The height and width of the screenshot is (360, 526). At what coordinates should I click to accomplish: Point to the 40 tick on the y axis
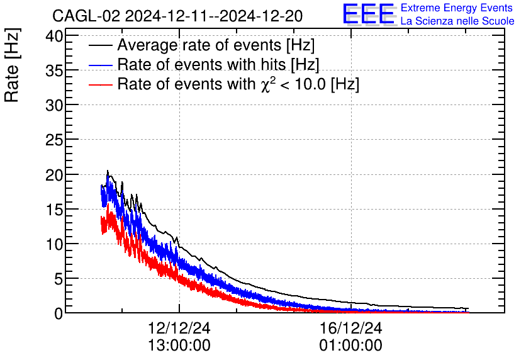[55, 37]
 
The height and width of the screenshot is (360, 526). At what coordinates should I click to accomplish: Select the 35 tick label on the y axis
[55, 71]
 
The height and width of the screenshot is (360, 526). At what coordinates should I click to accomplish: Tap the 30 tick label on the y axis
[55, 106]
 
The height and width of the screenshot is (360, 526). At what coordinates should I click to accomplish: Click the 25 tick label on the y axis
[55, 140]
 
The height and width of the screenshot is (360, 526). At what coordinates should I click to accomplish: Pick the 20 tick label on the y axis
[55, 175]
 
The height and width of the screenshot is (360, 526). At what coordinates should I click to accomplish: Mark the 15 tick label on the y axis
[55, 210]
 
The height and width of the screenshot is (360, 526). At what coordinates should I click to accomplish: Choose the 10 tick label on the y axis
[55, 244]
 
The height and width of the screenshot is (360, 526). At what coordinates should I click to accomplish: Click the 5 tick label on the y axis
[59, 279]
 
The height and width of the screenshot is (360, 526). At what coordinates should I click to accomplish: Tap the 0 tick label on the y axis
[59, 313]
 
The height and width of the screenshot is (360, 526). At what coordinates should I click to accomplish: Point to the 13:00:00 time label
[179, 346]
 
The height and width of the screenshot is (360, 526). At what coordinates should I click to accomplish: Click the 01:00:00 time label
[351, 346]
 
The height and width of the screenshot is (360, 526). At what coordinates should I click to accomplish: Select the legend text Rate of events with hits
[218, 65]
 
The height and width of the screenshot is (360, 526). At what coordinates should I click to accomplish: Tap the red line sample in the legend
[101, 84]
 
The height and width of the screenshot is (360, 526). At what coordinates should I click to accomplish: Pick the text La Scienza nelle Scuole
[457, 21]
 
